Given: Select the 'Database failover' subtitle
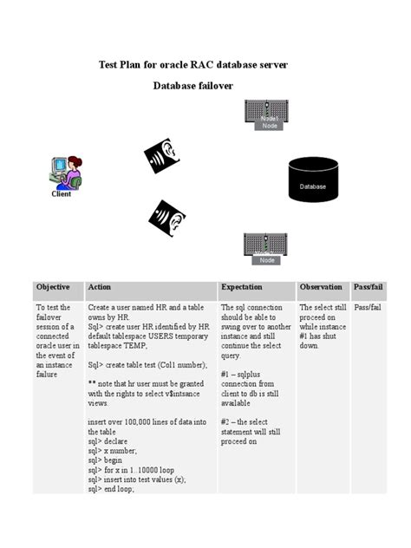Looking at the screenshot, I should click(192, 86).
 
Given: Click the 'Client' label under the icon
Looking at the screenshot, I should click(62, 194).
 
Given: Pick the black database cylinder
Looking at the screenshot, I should click(313, 179).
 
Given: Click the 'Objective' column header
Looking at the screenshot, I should click(53, 287).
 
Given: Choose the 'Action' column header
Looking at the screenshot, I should click(100, 287).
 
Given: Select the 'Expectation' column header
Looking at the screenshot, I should click(242, 287).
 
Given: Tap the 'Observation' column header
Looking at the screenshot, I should click(321, 287).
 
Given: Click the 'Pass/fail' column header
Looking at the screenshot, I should click(369, 287).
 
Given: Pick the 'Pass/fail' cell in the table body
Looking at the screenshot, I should click(369, 308).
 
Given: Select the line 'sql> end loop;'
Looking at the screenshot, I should click(111, 489).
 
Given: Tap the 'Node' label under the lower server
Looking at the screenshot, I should click(267, 260).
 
